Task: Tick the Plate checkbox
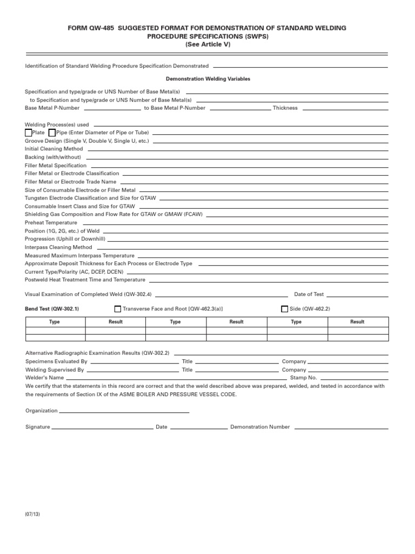28,133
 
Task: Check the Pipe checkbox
52,133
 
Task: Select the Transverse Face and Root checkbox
118,309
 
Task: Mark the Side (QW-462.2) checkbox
285,309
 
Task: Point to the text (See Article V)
207,44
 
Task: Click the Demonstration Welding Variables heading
207,78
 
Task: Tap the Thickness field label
285,108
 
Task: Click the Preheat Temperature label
51,222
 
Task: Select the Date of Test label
309,294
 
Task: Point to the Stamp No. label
304,378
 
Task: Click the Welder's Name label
45,378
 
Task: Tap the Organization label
41,411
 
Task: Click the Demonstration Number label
260,427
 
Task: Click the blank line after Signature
102,427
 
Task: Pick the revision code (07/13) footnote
32,515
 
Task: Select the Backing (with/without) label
53,157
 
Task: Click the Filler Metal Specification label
56,165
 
